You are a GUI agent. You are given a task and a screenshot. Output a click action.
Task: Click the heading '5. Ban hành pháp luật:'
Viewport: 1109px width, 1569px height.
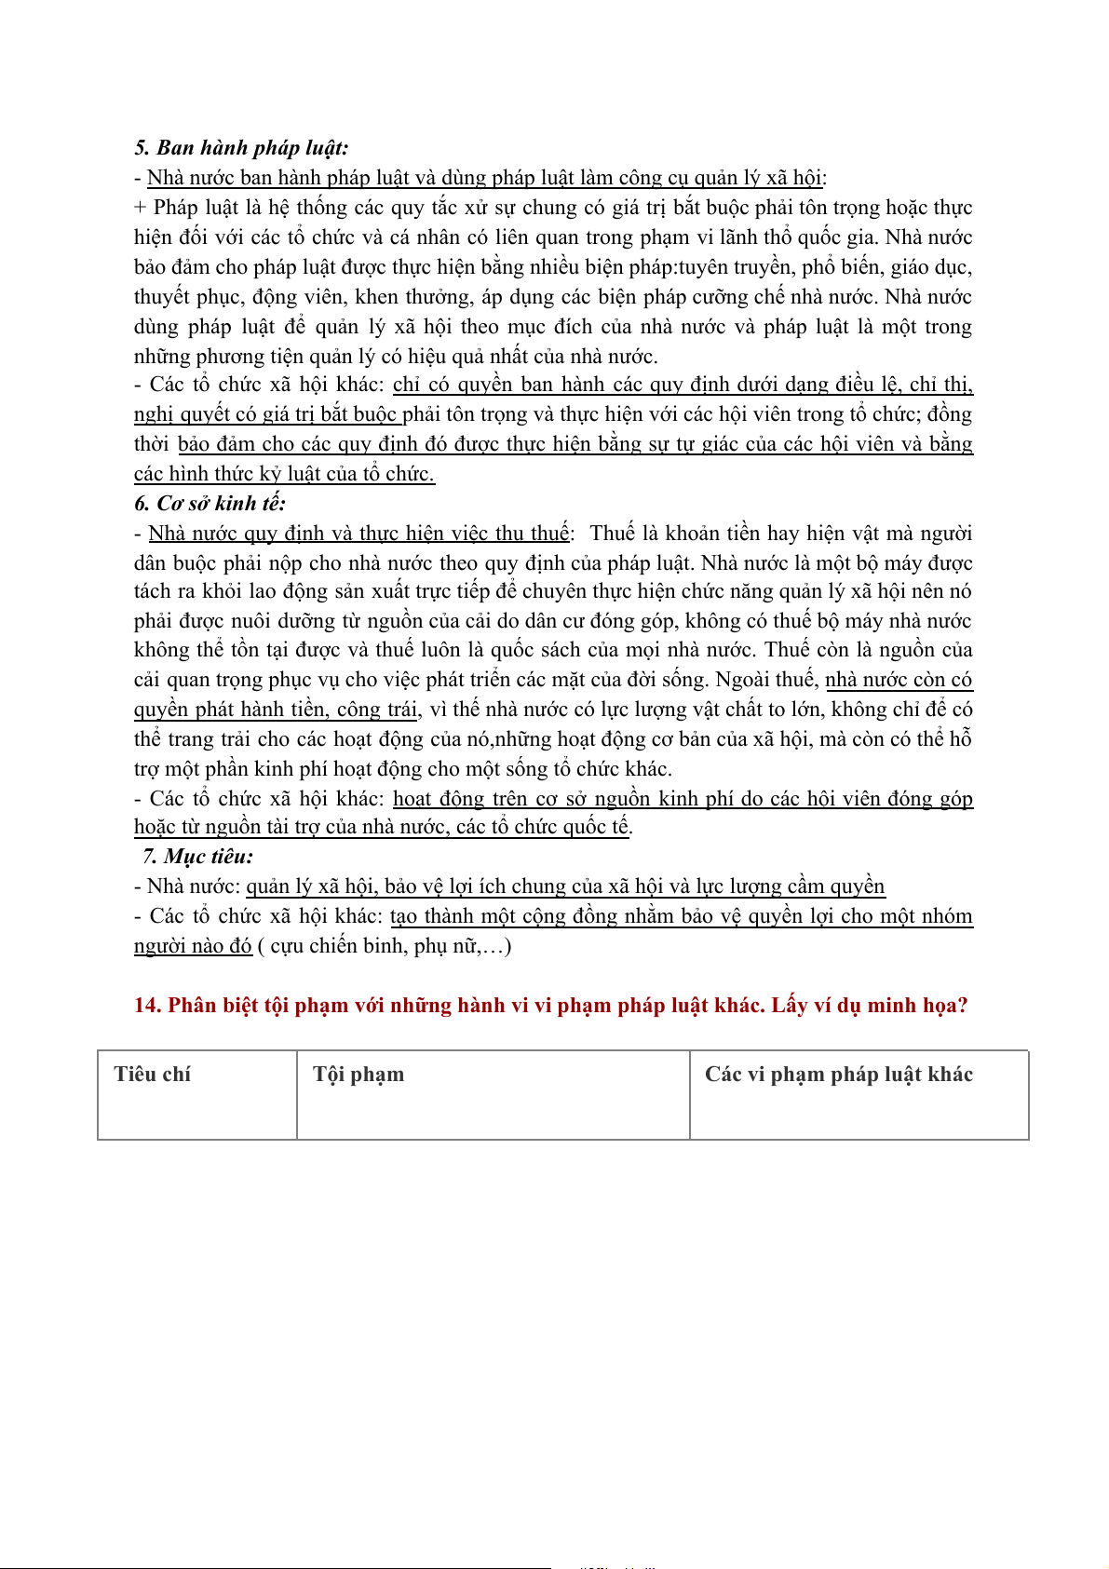[x=241, y=148]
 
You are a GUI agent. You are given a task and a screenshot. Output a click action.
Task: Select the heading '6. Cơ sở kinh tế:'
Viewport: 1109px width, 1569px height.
[x=210, y=504]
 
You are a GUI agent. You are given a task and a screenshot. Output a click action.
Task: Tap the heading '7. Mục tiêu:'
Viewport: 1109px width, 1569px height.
[x=197, y=857]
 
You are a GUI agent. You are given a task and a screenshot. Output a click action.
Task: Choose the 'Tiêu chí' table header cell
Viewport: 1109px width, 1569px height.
[x=152, y=1075]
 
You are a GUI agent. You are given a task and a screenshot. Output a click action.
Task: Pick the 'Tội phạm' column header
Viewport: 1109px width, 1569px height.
[x=358, y=1075]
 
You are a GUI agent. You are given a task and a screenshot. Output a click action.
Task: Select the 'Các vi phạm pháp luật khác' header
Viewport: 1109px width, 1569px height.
[x=838, y=1075]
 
